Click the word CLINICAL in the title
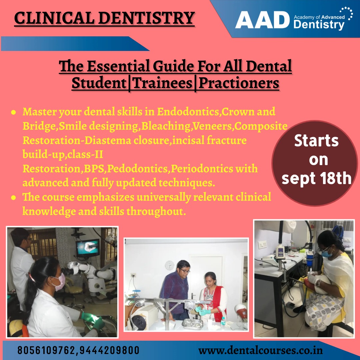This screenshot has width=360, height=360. pyautogui.click(x=54, y=18)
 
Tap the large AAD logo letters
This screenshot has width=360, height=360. pyautogui.click(x=262, y=20)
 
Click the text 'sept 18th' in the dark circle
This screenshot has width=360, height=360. pyautogui.click(x=317, y=178)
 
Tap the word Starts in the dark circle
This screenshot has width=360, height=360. pyautogui.click(x=316, y=141)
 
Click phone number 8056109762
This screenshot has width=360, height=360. pyautogui.click(x=46, y=350)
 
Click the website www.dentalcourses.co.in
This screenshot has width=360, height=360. pyautogui.click(x=260, y=351)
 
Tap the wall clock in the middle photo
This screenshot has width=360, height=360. pyautogui.click(x=169, y=265)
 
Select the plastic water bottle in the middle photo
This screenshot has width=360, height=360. pyautogui.click(x=223, y=323)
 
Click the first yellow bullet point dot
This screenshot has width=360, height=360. pyautogui.click(x=14, y=113)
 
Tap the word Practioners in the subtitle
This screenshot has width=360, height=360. pyautogui.click(x=239, y=83)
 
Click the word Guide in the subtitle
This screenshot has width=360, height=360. pyautogui.click(x=173, y=66)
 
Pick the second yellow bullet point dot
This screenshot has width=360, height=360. pyautogui.click(x=14, y=198)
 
